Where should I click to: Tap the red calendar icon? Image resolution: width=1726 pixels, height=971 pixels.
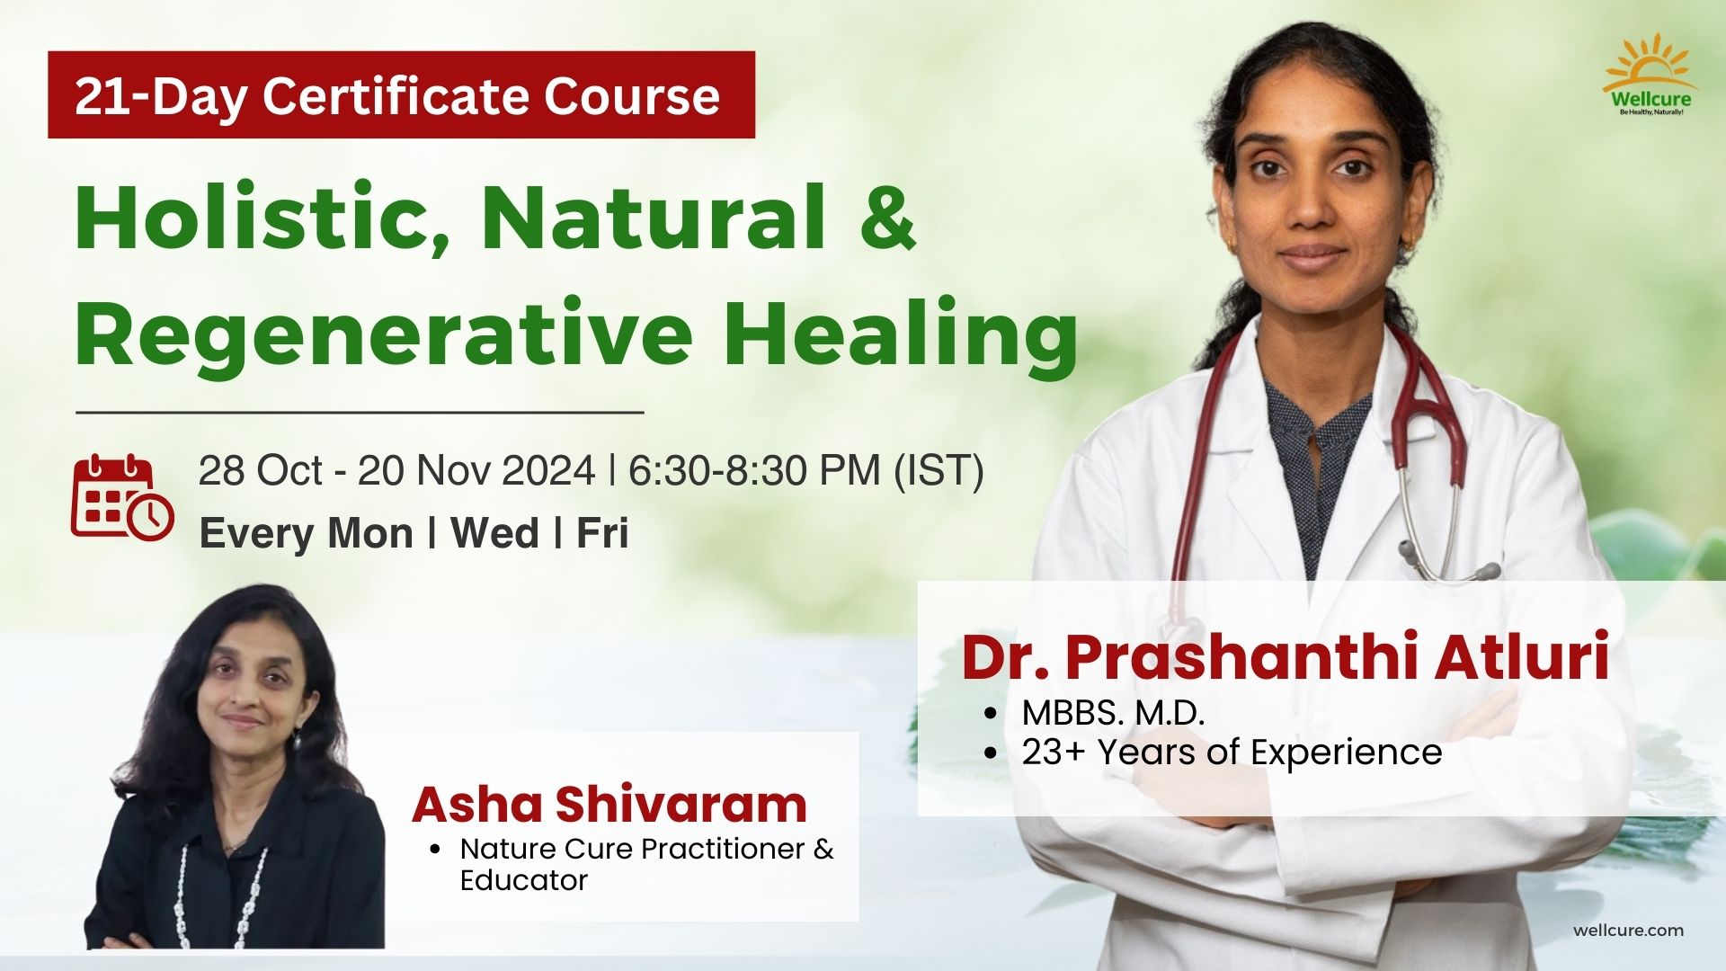tap(122, 497)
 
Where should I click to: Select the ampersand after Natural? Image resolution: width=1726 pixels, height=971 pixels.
tap(887, 217)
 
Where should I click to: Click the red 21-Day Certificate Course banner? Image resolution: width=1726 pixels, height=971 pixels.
tap(401, 94)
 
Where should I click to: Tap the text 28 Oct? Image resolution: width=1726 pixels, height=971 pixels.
tap(260, 470)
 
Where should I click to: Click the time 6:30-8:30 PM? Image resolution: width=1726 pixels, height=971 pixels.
tap(753, 470)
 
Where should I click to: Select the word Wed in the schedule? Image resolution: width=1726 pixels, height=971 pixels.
tap(494, 533)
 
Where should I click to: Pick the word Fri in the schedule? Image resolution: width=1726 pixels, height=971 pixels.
tap(601, 533)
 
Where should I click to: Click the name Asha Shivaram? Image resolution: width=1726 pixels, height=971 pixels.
tap(609, 804)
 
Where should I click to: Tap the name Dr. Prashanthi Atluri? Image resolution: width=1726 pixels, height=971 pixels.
tap(1286, 657)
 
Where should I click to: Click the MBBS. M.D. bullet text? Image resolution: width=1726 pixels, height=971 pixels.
tap(1113, 713)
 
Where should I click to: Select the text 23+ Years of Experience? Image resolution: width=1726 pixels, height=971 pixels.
tap(1232, 752)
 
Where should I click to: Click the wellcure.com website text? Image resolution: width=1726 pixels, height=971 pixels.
tap(1628, 931)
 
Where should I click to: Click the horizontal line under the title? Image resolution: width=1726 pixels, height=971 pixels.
tap(360, 413)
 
